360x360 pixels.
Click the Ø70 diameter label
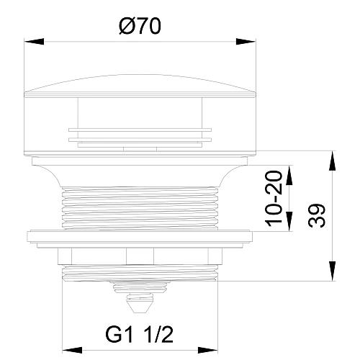(x=140, y=27)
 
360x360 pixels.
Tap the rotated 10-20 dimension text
(x=274, y=199)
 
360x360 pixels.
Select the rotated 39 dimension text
(x=317, y=215)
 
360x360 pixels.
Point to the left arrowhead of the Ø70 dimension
(x=34, y=41)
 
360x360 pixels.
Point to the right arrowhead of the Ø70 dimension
(x=246, y=41)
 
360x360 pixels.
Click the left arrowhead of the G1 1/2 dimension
(x=72, y=350)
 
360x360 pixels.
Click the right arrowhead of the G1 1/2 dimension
(x=208, y=350)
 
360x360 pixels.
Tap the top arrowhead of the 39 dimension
(x=332, y=161)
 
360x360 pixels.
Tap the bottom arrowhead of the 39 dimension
(x=332, y=271)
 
